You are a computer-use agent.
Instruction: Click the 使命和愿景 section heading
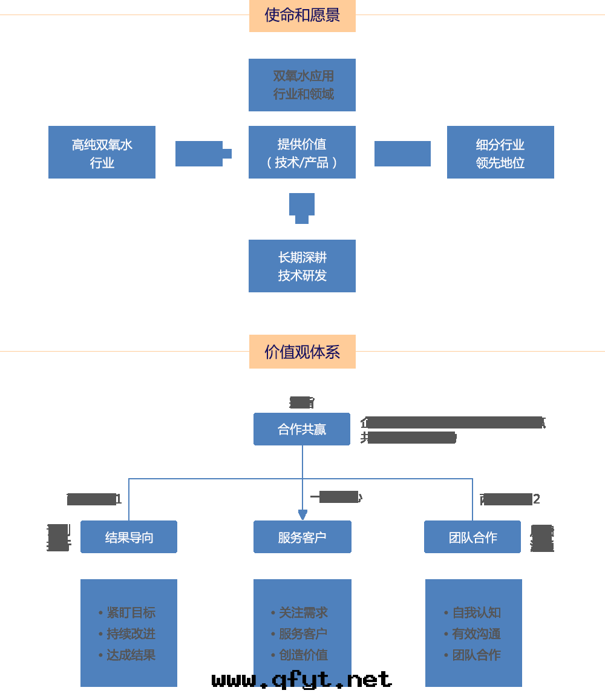click(302, 16)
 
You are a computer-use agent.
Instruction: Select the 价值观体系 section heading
click(302, 352)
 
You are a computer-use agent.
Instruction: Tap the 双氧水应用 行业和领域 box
click(302, 85)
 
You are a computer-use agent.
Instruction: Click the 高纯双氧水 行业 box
click(102, 153)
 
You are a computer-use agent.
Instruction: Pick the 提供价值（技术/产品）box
click(302, 153)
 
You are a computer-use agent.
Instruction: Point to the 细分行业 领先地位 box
click(500, 153)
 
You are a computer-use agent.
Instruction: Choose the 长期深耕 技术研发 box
click(302, 266)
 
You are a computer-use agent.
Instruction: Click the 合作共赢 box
click(302, 429)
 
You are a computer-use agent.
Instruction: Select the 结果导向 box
click(129, 537)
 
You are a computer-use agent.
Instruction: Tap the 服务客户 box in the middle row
click(302, 537)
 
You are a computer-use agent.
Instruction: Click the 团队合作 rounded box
click(473, 537)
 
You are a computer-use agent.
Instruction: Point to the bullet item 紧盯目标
click(131, 612)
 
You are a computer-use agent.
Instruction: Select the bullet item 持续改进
click(131, 634)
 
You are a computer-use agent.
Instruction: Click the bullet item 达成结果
click(131, 655)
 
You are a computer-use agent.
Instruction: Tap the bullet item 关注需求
click(303, 612)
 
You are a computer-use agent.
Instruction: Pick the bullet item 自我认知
click(476, 612)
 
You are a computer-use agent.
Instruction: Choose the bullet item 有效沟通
click(476, 634)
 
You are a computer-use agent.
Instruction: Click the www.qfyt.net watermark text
click(302, 680)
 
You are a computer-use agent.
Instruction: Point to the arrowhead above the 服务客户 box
click(302, 514)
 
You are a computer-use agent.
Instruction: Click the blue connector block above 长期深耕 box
click(302, 207)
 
